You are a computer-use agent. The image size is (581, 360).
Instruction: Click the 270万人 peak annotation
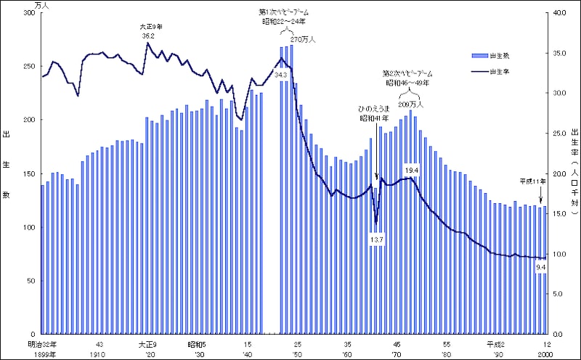(304, 41)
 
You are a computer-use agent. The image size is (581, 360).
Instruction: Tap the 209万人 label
(412, 103)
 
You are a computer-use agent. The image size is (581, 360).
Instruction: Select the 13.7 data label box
(376, 240)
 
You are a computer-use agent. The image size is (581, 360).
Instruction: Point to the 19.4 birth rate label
(412, 171)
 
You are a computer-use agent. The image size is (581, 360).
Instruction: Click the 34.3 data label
(281, 75)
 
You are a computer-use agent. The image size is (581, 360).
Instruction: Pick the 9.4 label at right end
(541, 267)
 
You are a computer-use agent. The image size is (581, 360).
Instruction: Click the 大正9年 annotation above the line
(152, 27)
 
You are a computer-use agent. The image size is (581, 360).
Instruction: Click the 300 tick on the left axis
(28, 13)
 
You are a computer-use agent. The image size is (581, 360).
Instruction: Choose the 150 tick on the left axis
(28, 174)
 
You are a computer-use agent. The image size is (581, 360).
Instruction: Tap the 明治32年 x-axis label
(42, 343)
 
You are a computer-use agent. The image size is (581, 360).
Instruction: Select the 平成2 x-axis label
(497, 343)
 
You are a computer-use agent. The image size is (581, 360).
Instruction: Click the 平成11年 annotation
(532, 181)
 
